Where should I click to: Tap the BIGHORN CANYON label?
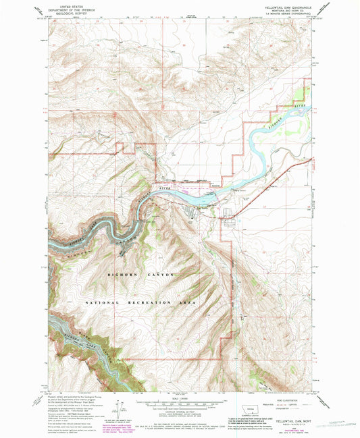coord(141,275)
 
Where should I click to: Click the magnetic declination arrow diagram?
coord(120,408)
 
